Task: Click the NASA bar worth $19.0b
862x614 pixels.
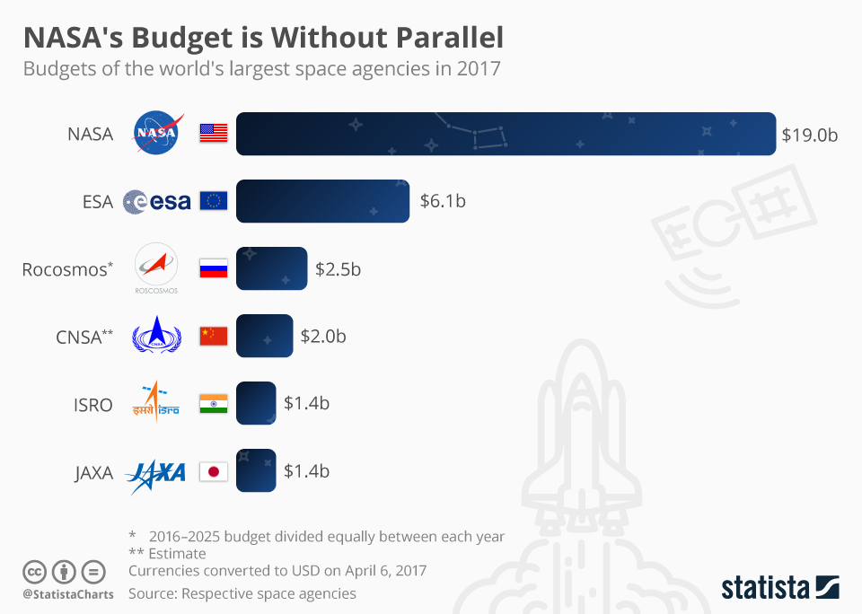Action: pyautogui.click(x=506, y=134)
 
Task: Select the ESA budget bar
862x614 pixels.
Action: pyautogui.click(x=323, y=201)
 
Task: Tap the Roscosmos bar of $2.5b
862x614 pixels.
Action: pyautogui.click(x=271, y=268)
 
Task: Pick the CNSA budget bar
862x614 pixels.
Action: pyautogui.click(x=264, y=336)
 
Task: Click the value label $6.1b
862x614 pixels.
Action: pyautogui.click(x=443, y=201)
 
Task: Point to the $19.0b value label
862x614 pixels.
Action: pyautogui.click(x=809, y=135)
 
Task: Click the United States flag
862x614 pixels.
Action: pyautogui.click(x=214, y=134)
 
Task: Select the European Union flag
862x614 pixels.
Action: pyautogui.click(x=214, y=201)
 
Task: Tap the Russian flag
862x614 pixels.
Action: pyautogui.click(x=214, y=268)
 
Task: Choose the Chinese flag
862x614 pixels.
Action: pyautogui.click(x=214, y=336)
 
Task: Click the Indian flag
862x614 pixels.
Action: pyautogui.click(x=214, y=404)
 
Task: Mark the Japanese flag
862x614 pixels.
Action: pyautogui.click(x=214, y=471)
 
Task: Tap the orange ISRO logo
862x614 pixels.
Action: pyautogui.click(x=156, y=403)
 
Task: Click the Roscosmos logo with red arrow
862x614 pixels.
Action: pyautogui.click(x=156, y=268)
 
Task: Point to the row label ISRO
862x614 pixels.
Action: pyautogui.click(x=93, y=405)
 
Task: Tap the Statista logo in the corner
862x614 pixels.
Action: pyautogui.click(x=780, y=588)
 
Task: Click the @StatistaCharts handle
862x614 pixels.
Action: pyautogui.click(x=68, y=594)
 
